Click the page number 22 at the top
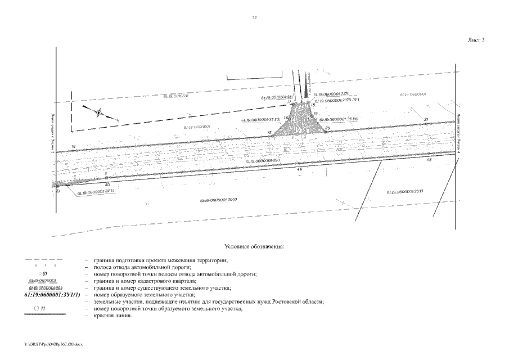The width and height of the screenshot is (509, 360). pos(254,19)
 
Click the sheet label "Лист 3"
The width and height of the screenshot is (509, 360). pos(476,40)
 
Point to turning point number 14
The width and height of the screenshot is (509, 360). pos(73,147)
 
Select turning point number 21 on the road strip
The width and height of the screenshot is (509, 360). pos(426,119)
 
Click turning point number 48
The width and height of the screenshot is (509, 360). pos(429,160)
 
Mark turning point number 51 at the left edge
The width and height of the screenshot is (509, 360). pos(58,191)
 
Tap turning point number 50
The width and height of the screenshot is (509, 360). pos(107,184)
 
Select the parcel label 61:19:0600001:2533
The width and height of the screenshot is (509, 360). pos(405,192)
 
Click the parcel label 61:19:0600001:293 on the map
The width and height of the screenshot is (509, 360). pos(263,160)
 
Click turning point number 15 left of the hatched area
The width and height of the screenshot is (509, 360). pos(270,132)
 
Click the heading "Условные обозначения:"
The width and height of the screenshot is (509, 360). pos(254,246)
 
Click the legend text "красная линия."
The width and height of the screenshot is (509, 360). pos(113,316)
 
